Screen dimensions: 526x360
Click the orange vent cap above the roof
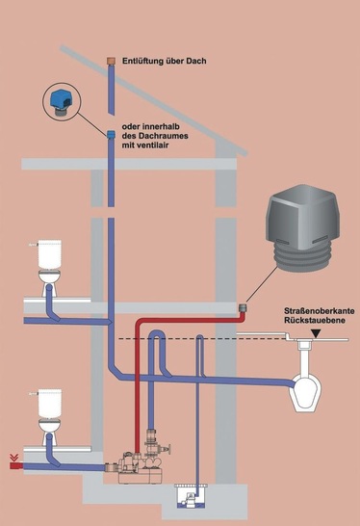tap(110, 61)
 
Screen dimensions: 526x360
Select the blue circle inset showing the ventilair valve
tap(63, 101)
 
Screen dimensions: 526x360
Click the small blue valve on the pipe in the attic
tap(110, 134)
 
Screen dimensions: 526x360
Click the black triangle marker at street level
tap(316, 334)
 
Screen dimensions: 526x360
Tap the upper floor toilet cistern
tap(50, 256)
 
